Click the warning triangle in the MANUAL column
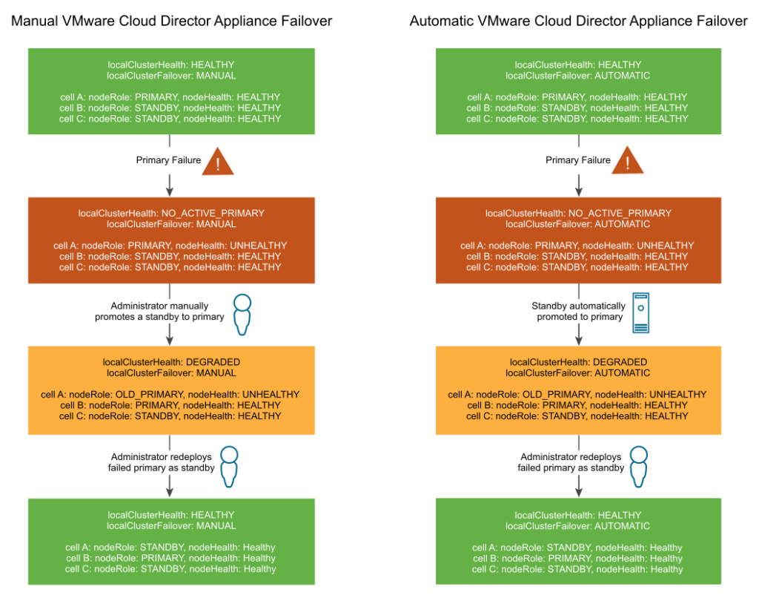click(218, 162)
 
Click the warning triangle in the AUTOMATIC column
click(628, 162)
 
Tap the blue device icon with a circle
click(641, 312)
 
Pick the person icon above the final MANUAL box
click(229, 465)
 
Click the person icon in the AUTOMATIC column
click(639, 465)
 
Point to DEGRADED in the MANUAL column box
click(213, 362)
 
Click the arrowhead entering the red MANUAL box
click(170, 190)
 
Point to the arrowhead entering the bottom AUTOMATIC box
click(579, 491)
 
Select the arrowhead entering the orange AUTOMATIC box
click(579, 339)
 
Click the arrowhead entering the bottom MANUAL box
click(170, 491)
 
